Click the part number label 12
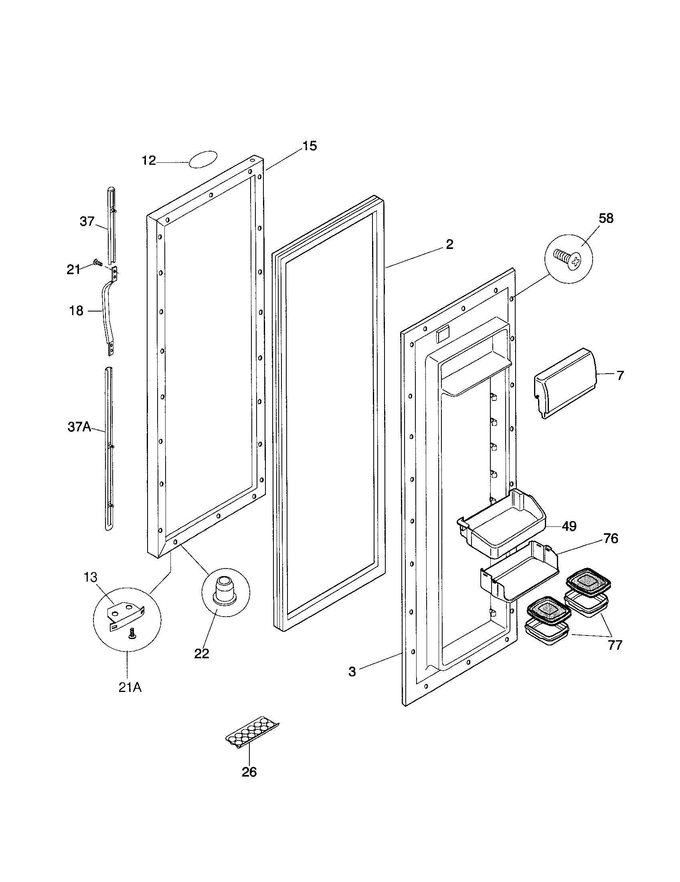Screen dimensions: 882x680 pos(149,161)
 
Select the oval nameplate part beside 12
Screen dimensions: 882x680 pos(203,159)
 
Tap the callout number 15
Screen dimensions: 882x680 pos(310,146)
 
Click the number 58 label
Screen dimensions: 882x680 pos(606,218)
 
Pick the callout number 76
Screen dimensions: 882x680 pos(611,539)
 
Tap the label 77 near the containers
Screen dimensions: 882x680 pos(615,645)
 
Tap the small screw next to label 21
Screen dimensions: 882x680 pos(97,263)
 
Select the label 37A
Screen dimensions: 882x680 pos(79,427)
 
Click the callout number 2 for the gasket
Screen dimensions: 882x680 pos(449,244)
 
